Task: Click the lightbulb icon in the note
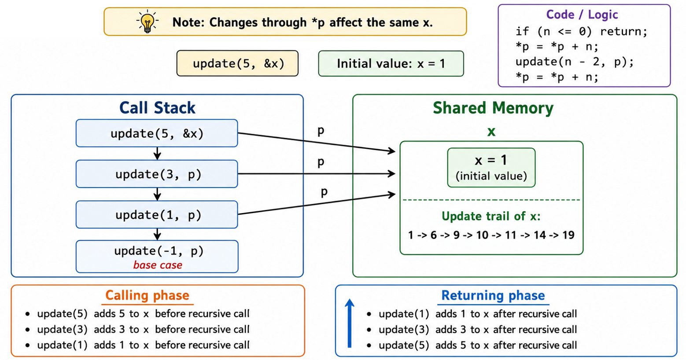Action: coord(148,21)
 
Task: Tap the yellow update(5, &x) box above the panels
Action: coord(237,63)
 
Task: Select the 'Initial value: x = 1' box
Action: coord(391,63)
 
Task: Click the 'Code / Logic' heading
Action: coord(582,15)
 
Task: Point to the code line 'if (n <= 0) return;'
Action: coord(581,31)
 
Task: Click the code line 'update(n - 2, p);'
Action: coord(575,62)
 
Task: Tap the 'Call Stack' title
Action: coord(157,108)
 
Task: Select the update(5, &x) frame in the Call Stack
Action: coord(157,133)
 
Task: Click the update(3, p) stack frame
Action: coord(157,174)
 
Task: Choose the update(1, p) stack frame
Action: coord(157,215)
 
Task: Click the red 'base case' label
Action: coord(158,265)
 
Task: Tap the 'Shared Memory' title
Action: coord(493,108)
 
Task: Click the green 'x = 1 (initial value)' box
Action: coord(491,167)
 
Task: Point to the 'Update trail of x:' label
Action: coord(491,216)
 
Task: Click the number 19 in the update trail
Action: coord(568,235)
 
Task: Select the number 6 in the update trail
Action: coord(433,235)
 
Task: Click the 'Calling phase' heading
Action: coord(148,295)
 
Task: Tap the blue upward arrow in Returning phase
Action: coord(350,323)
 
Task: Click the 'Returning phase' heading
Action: coord(493,295)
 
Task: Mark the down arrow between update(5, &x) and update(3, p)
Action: coord(157,153)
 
